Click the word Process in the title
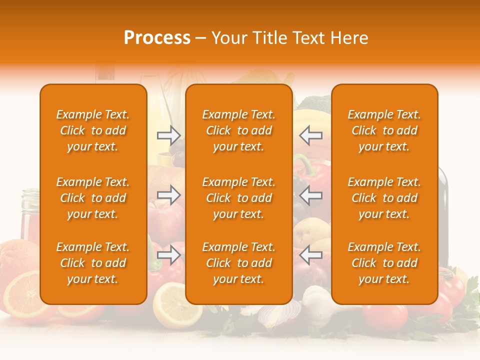pyautogui.click(x=157, y=38)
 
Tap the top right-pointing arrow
pyautogui.click(x=168, y=135)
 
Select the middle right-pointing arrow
pyautogui.click(x=168, y=195)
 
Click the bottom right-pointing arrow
pyautogui.click(x=168, y=255)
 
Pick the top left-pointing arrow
pyautogui.click(x=310, y=135)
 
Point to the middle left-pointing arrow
pyautogui.click(x=310, y=195)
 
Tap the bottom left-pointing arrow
pyautogui.click(x=310, y=255)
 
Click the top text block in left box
pyautogui.click(x=93, y=130)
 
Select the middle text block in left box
pyautogui.click(x=93, y=198)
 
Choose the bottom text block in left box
pyautogui.click(x=93, y=263)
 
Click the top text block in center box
pyautogui.click(x=239, y=130)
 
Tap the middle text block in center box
pyautogui.click(x=239, y=198)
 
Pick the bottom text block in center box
pyautogui.click(x=239, y=263)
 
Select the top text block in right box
pyautogui.click(x=384, y=130)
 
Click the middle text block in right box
pyautogui.click(x=384, y=198)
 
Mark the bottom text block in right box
pyautogui.click(x=384, y=263)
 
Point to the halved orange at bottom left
pyautogui.click(x=22, y=295)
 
